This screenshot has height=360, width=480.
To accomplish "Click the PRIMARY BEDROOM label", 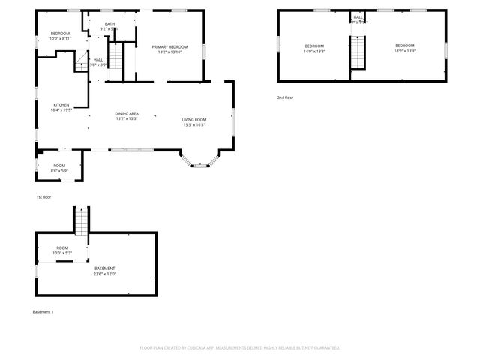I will coord(169,47).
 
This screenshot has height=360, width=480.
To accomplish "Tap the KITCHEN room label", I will coord(61,104).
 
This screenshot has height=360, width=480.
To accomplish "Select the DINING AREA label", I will coord(127,113).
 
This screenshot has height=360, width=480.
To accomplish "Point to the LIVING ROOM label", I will coord(193,119).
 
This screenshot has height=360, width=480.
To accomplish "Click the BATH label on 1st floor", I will coord(110,25).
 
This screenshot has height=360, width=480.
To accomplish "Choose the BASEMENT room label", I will coord(104,268).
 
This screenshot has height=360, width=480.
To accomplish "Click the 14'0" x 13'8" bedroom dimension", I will coord(313,52).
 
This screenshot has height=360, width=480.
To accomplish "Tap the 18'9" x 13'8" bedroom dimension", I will coord(405,52).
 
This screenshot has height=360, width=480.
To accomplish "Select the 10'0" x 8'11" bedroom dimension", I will coord(61,40).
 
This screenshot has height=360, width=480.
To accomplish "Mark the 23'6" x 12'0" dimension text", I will coord(104,274).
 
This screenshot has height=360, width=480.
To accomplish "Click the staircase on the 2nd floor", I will coord(359,53).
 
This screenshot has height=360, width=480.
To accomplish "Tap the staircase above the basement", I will coord(80,220).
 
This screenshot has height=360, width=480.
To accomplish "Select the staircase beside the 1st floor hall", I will coord(116,56).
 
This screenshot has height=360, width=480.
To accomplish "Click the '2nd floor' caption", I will coord(285,97).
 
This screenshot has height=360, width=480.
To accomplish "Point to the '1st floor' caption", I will coord(44,196).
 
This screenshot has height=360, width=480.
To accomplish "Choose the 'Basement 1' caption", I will coord(43,311).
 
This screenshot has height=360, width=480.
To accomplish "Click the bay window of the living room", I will coord(200,159).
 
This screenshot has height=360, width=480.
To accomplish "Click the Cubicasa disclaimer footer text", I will coord(240,347).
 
